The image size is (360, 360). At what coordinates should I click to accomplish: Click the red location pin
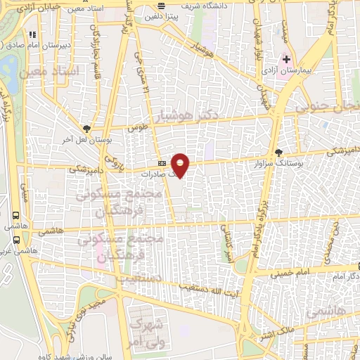point(181,165)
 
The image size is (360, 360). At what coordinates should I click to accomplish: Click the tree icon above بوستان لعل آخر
point(86,128)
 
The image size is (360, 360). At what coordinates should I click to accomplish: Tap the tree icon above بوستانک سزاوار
point(279,152)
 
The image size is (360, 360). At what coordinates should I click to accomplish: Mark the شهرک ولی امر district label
point(147,332)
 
